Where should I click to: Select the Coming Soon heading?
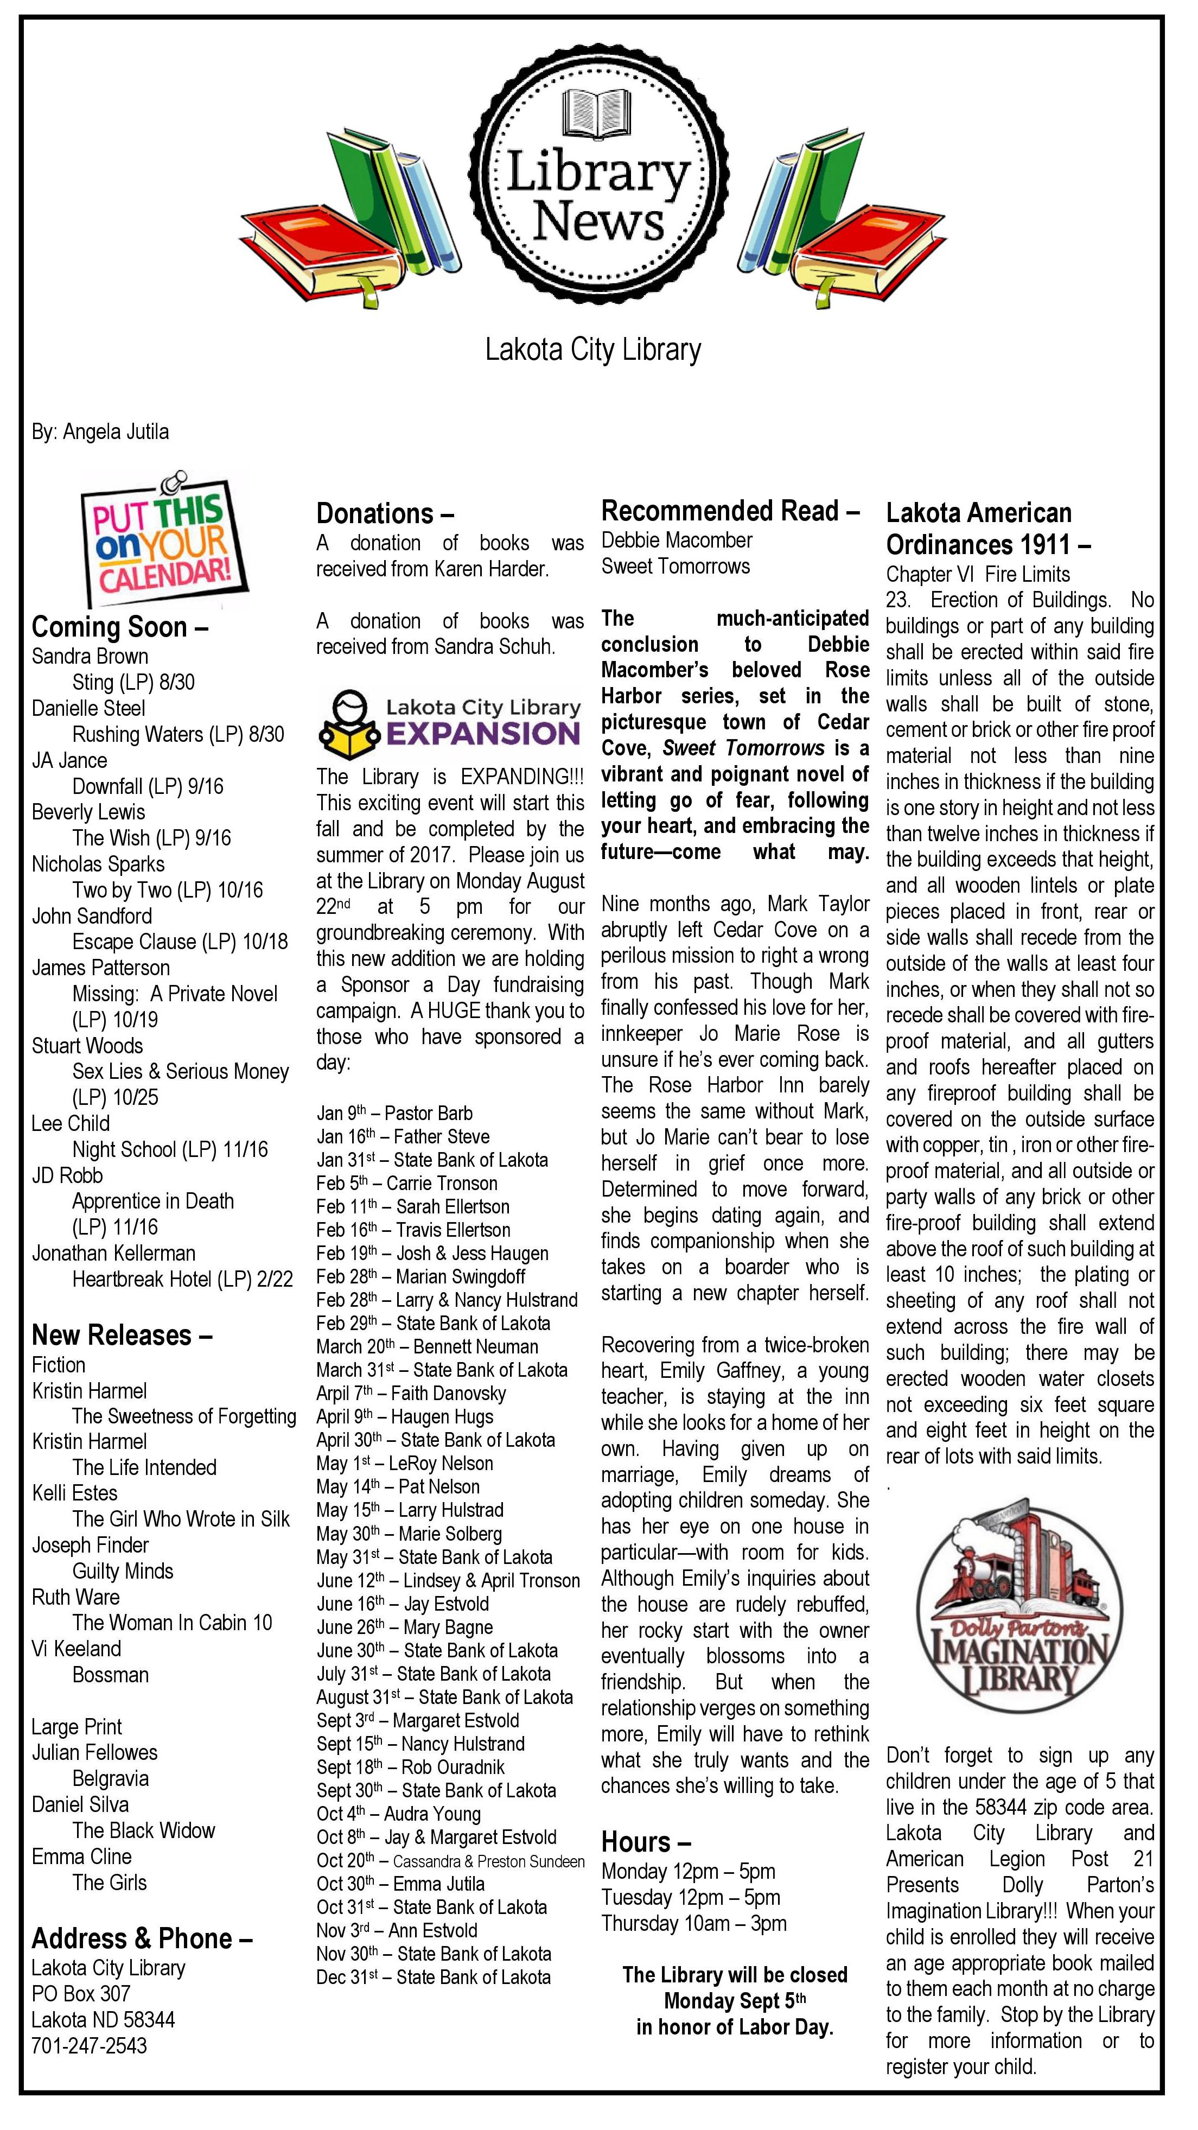120,627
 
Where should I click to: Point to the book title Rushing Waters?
178,734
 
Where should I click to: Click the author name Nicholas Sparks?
98,864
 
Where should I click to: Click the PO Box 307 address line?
81,1994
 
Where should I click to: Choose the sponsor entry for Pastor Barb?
394,1113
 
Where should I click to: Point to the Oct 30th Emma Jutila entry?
400,1884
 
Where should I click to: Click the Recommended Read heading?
730,511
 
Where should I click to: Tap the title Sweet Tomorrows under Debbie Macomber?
676,567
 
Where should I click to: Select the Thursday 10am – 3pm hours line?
693,1923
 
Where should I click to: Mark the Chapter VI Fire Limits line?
977,574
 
